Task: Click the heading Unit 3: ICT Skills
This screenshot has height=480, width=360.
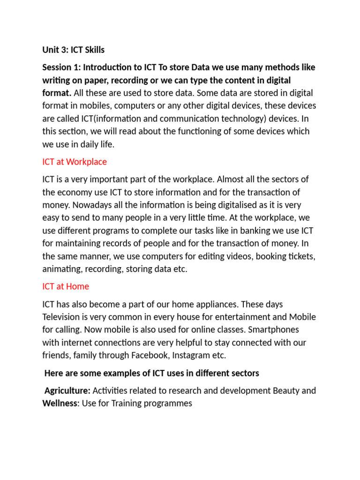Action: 73,50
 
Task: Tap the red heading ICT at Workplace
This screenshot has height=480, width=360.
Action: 75,162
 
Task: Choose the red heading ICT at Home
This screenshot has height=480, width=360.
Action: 66,286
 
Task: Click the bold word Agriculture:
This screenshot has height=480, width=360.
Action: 67,390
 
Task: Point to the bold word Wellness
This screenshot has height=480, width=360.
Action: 60,403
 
